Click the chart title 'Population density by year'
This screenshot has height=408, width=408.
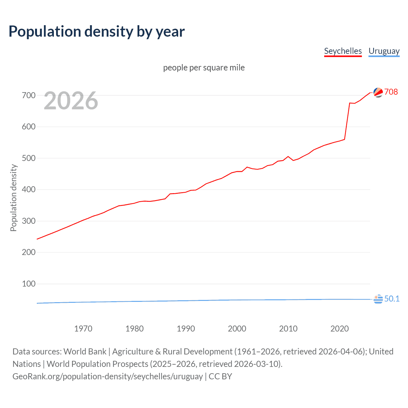97,32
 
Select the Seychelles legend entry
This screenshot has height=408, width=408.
343,51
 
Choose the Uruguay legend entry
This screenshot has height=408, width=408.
384,51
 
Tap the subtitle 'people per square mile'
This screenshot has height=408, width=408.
204,68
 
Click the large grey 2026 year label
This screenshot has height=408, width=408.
71,101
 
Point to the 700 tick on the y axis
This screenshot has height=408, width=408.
29,95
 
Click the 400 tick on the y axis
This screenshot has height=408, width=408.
29,190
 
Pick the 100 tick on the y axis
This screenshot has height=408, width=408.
29,284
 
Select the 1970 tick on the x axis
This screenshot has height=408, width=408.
83,329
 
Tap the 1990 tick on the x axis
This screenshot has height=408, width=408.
186,329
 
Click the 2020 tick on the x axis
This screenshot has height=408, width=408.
339,329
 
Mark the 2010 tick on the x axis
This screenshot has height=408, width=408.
288,329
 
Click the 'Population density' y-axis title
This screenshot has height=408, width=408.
13,198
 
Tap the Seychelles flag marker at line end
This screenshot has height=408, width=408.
378,92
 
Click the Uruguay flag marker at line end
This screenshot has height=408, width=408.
378,299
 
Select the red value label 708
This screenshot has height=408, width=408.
391,92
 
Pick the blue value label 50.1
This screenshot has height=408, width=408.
392,299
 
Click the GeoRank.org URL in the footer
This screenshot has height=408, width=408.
107,376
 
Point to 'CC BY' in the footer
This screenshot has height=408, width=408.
220,376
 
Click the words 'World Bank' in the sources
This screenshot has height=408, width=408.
85,352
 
